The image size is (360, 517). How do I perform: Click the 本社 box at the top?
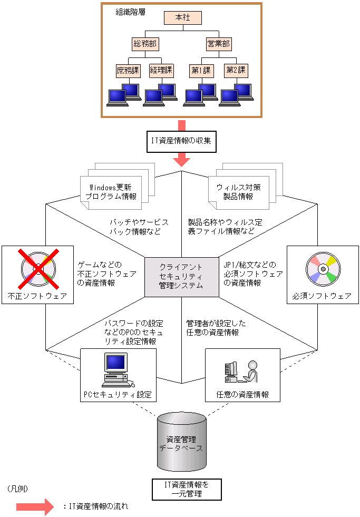tap(182, 17)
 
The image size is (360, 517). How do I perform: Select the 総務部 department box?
tap(145, 44)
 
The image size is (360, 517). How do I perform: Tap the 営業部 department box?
tap(219, 44)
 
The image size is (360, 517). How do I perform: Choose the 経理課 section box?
tap(161, 70)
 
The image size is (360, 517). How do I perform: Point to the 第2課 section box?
tap(236, 70)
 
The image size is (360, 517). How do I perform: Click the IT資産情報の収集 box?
tap(182, 142)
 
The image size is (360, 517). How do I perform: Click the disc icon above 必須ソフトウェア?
tap(322, 269)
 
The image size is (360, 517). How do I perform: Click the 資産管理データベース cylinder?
tap(181, 443)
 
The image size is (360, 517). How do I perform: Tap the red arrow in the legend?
tap(35, 507)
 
